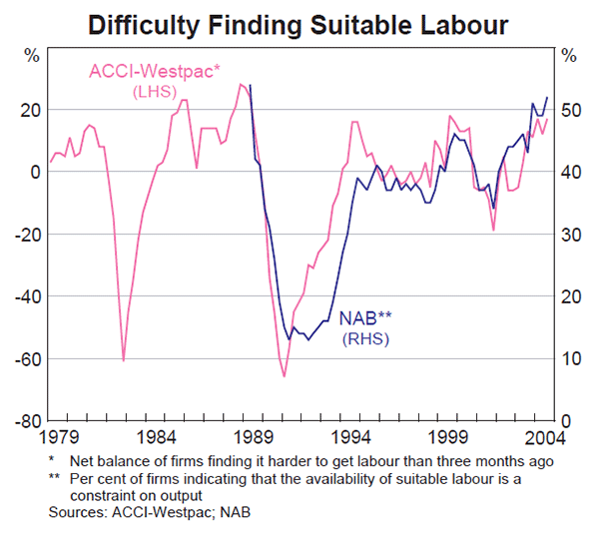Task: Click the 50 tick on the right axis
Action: click(569, 110)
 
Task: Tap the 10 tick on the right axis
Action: click(569, 358)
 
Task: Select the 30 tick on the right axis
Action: click(569, 234)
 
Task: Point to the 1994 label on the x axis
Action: click(353, 437)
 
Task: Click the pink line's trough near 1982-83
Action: click(123, 359)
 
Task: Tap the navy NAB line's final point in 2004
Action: click(547, 97)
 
